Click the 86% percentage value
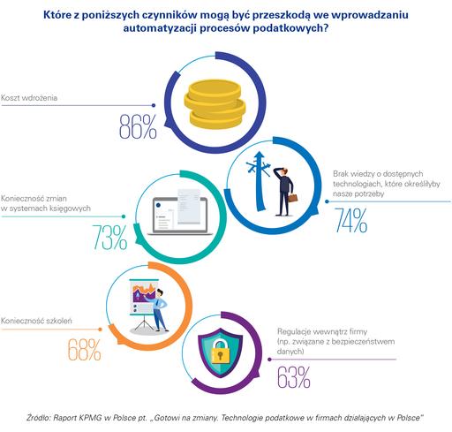point(138,127)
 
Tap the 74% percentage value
point(350,220)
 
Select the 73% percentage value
point(110,238)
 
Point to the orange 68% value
point(85,350)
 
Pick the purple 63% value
point(294,377)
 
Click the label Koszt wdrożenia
point(29,98)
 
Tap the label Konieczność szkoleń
point(36,321)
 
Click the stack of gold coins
point(215,103)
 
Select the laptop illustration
point(180,212)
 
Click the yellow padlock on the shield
point(221,351)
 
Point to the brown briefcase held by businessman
point(292,198)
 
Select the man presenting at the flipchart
point(160,310)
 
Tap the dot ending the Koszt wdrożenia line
point(154,105)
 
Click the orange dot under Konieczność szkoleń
point(100,330)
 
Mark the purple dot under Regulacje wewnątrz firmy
point(269,360)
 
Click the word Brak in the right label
point(341,173)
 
